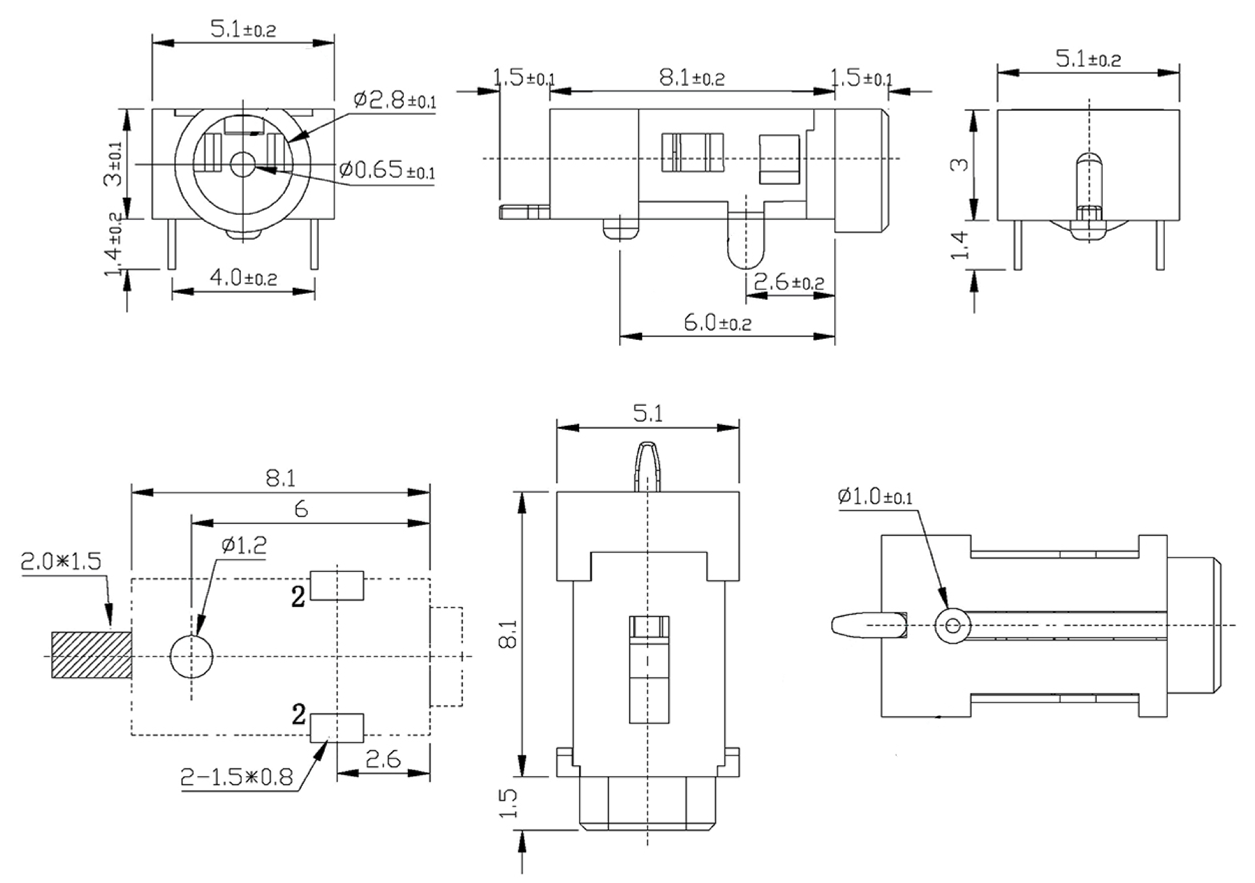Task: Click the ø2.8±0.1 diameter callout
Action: (395, 101)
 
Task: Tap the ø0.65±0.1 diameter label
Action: (387, 170)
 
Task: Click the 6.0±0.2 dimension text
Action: (718, 323)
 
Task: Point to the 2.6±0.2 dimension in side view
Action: (789, 282)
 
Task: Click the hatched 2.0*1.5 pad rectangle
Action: (91, 655)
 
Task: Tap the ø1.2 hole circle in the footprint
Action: (191, 656)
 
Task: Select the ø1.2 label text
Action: (244, 545)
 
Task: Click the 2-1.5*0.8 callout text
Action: (236, 777)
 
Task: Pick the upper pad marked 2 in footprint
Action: (337, 585)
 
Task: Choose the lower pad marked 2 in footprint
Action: (337, 728)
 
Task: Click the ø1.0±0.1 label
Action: (874, 496)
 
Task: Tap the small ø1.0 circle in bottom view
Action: (952, 625)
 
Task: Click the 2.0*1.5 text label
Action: (61, 561)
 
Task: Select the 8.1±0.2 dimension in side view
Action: (692, 78)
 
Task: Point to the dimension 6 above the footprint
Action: (301, 509)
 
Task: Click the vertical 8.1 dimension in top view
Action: (508, 634)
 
